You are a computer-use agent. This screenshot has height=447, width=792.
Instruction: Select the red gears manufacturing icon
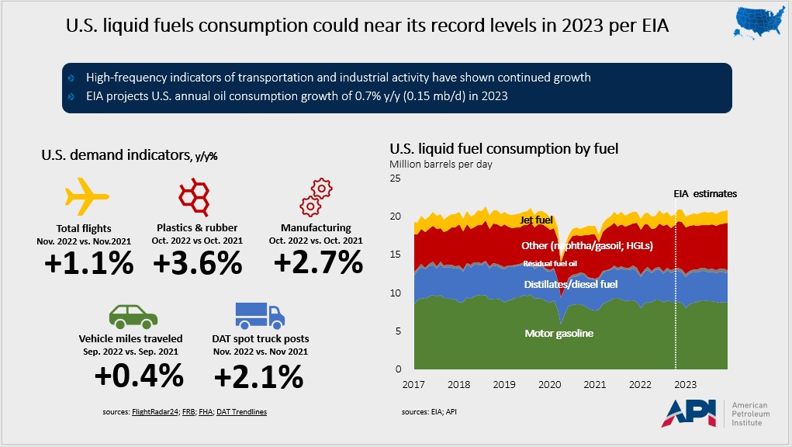(x=317, y=198)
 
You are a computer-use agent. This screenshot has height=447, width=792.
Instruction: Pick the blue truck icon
(x=260, y=314)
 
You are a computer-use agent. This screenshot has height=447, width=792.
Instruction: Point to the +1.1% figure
(x=88, y=263)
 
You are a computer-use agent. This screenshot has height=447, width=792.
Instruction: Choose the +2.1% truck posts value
(x=258, y=376)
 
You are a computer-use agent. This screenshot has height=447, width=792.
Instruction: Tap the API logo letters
(x=690, y=414)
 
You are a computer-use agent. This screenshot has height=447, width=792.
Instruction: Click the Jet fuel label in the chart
(x=537, y=220)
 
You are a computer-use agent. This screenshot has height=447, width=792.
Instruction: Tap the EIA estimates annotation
(x=704, y=193)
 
